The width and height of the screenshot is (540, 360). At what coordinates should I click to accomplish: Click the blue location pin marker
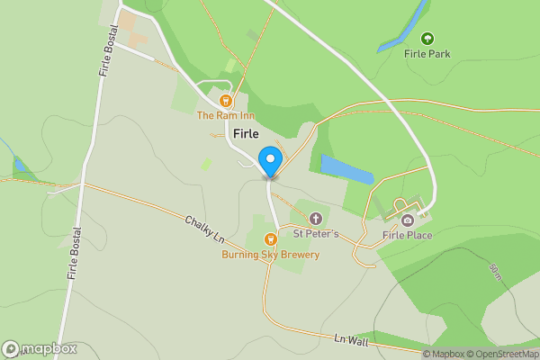(x=269, y=162)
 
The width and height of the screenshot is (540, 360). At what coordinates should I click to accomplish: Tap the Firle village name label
(x=246, y=134)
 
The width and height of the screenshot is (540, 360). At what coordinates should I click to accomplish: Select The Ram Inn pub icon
(x=226, y=102)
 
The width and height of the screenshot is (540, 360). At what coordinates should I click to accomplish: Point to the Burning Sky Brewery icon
(x=270, y=239)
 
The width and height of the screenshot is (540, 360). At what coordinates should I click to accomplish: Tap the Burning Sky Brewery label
(x=271, y=255)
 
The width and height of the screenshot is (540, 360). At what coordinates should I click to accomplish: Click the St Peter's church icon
(x=315, y=219)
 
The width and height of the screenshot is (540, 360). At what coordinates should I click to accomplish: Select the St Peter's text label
(x=316, y=234)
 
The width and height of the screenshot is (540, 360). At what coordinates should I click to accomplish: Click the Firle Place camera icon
(x=408, y=220)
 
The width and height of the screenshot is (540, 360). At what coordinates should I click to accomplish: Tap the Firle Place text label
(x=407, y=236)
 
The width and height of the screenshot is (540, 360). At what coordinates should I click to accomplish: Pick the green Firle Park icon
(x=427, y=39)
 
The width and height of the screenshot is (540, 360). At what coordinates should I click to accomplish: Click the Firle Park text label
(x=427, y=54)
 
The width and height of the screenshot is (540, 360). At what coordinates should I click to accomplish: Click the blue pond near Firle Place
(x=347, y=169)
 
